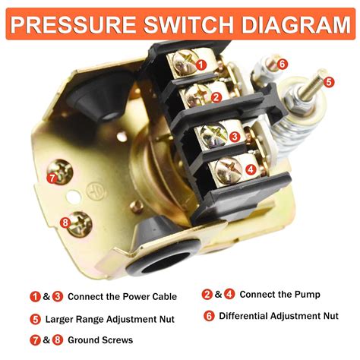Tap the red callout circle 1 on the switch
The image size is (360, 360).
[x=201, y=65]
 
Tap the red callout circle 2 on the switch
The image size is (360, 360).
[x=216, y=97]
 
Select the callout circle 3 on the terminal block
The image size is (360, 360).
[x=235, y=137]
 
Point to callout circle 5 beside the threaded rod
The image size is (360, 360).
[x=329, y=81]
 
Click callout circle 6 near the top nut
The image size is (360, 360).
[x=282, y=65]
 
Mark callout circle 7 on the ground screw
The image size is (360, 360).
[x=52, y=178]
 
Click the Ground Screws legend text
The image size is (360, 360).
[x=100, y=340]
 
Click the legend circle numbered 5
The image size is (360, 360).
[x=36, y=319]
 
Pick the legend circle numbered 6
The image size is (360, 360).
[x=207, y=316]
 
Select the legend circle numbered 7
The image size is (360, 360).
[x=36, y=340]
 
